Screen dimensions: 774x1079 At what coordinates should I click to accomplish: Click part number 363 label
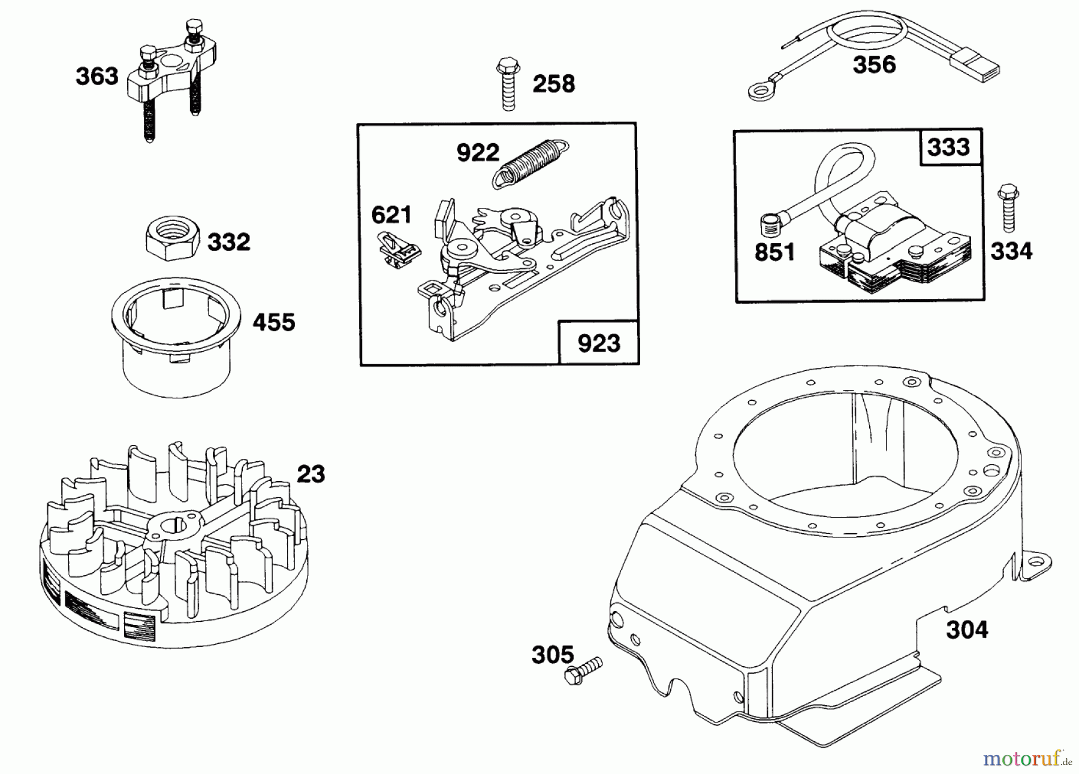pyautogui.click(x=97, y=77)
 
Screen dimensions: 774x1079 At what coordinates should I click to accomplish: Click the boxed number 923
pyautogui.click(x=598, y=343)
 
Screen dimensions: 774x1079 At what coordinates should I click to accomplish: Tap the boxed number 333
pyautogui.click(x=948, y=147)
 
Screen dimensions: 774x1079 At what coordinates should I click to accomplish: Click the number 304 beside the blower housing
pyautogui.click(x=967, y=630)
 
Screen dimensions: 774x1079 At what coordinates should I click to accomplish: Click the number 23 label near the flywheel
pyautogui.click(x=311, y=474)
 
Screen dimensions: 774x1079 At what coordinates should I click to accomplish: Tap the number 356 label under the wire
pyautogui.click(x=873, y=65)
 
